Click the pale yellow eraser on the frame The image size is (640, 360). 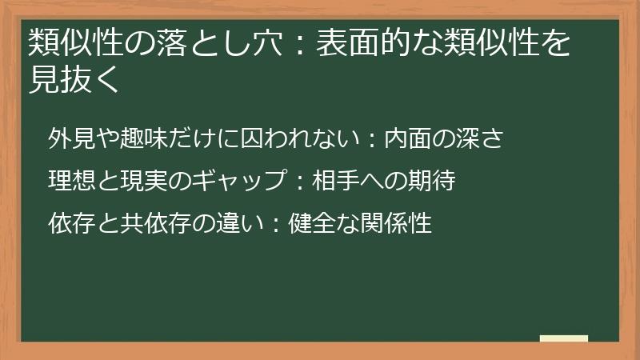(564, 339)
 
